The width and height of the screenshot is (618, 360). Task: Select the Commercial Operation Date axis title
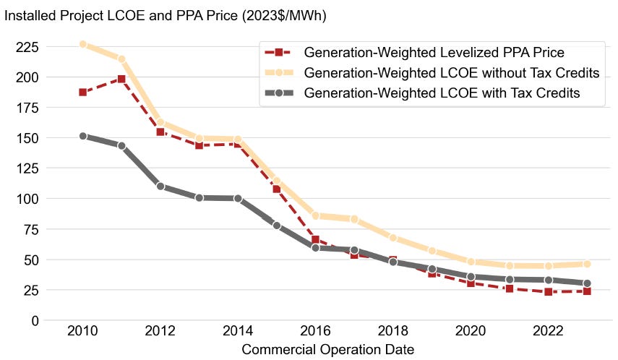pos(327,350)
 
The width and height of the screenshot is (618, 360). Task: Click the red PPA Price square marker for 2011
pos(121,79)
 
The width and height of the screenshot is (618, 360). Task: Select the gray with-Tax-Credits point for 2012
pos(160,186)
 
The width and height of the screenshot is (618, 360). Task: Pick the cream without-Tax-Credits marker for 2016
pos(316,215)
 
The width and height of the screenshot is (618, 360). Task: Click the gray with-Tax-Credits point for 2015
pos(277,226)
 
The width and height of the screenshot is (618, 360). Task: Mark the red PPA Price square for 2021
pos(511,288)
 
